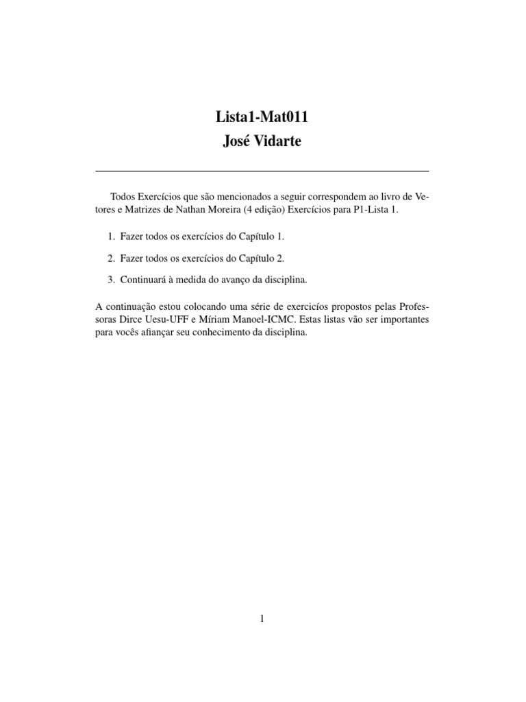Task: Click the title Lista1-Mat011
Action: pyautogui.click(x=262, y=117)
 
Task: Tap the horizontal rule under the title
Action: pyautogui.click(x=262, y=170)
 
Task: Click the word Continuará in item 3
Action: pyautogui.click(x=143, y=279)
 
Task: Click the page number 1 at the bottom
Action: pyautogui.click(x=262, y=618)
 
